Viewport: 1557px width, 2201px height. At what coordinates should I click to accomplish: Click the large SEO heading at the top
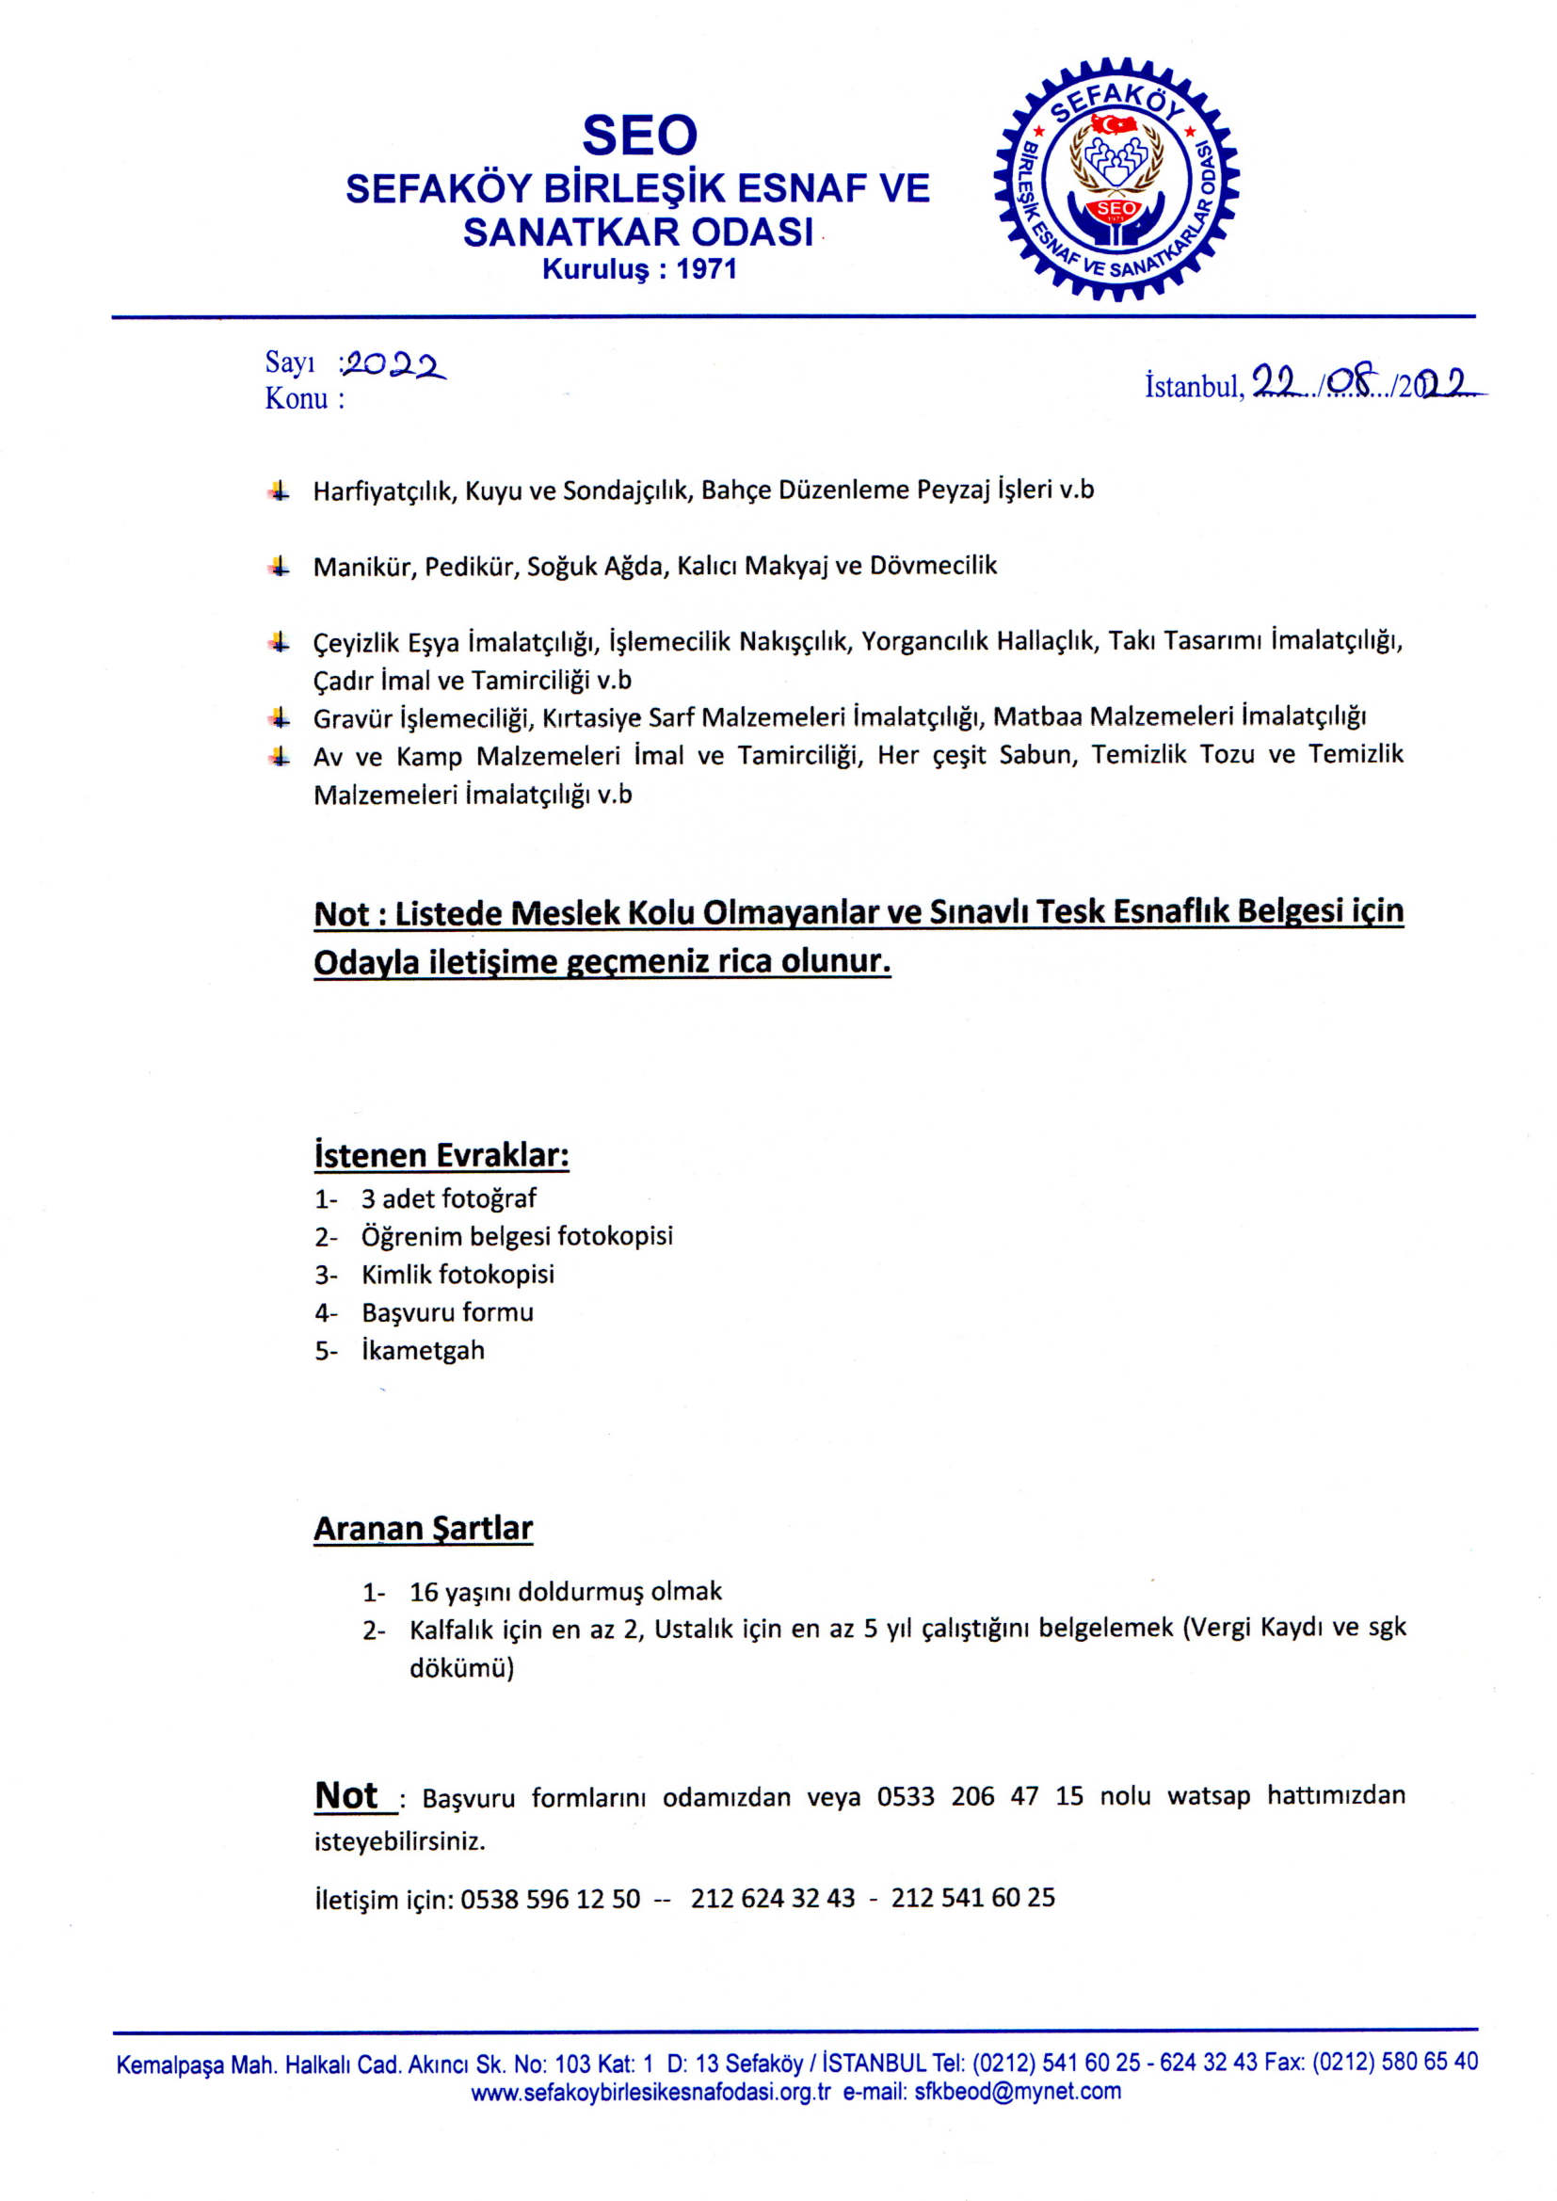click(639, 136)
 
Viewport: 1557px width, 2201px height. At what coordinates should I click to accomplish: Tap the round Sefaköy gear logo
click(1116, 179)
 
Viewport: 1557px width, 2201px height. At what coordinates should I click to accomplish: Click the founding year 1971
click(706, 269)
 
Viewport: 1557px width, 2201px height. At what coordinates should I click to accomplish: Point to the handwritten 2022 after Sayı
click(395, 364)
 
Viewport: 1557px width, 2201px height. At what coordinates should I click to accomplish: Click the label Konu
click(297, 399)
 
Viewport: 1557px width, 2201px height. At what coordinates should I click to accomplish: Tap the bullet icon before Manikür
click(279, 567)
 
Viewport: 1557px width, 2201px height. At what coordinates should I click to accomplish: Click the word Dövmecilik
click(933, 566)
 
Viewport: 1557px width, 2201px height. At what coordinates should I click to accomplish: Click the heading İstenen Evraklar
click(441, 1155)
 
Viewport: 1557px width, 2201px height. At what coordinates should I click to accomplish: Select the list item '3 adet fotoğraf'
click(448, 1198)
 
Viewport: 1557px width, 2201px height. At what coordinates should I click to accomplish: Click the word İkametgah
click(423, 1351)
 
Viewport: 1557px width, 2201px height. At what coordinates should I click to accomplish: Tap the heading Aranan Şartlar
click(423, 1528)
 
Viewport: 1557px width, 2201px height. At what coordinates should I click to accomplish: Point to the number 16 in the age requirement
click(424, 1592)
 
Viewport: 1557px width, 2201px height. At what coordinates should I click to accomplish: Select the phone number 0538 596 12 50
click(550, 1899)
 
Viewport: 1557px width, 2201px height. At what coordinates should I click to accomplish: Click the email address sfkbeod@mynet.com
click(1018, 2092)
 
